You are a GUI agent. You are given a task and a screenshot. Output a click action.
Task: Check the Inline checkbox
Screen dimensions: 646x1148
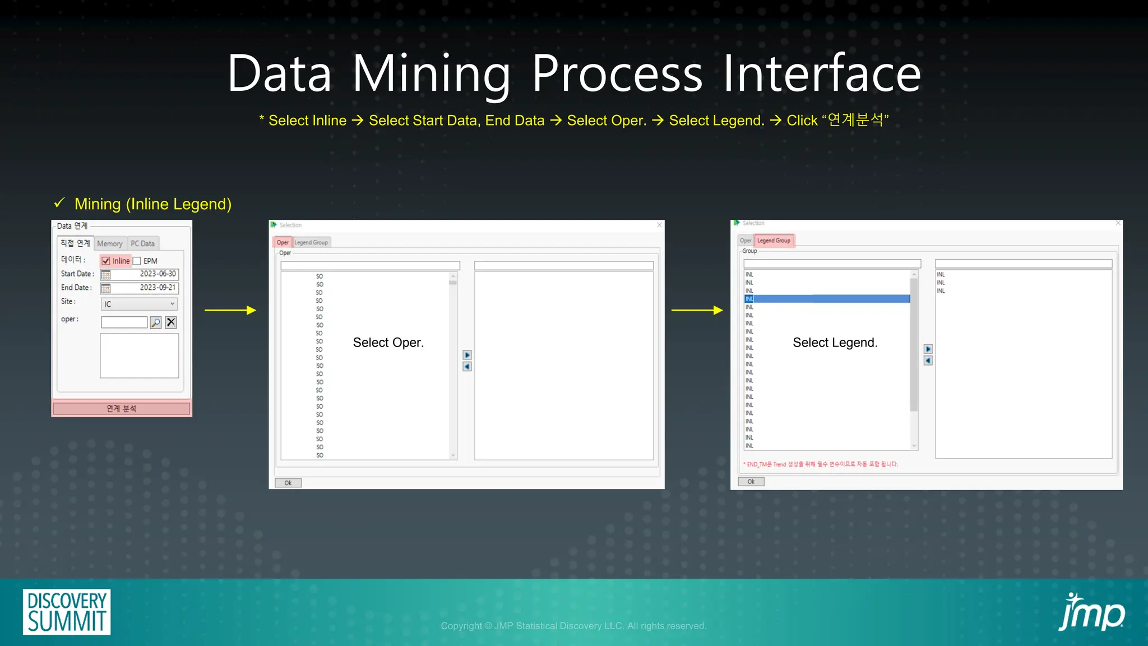(x=106, y=261)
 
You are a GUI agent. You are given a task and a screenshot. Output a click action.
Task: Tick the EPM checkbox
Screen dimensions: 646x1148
(x=137, y=261)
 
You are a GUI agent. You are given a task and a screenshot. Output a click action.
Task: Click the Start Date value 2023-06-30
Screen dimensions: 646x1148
(x=157, y=274)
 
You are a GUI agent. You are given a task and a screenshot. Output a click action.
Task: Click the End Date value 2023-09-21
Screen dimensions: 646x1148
(x=157, y=288)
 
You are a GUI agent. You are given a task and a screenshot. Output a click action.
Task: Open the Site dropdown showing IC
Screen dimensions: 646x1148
(x=139, y=304)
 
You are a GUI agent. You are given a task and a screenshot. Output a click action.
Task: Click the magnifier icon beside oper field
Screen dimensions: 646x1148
(x=156, y=322)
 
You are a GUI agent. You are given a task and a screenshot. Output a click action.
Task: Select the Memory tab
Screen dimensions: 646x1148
(x=109, y=243)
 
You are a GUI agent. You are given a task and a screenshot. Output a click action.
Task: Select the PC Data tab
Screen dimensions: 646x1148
(x=142, y=243)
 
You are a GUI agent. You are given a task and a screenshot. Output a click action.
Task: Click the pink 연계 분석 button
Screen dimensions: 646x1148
(x=122, y=408)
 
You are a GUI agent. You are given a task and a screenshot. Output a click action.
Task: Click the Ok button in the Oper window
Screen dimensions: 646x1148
(x=288, y=483)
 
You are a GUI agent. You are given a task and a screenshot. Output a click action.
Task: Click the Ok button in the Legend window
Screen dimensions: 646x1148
(x=751, y=482)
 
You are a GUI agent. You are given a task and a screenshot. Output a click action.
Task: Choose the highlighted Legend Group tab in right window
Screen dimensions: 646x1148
(x=774, y=241)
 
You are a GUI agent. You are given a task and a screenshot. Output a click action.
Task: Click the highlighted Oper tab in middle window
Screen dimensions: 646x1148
(x=283, y=242)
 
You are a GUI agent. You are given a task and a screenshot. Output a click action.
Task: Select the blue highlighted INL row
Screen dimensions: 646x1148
(x=827, y=299)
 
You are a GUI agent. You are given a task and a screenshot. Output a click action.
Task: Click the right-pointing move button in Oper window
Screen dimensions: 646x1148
(x=467, y=355)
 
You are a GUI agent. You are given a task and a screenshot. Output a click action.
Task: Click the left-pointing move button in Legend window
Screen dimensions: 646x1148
(x=928, y=361)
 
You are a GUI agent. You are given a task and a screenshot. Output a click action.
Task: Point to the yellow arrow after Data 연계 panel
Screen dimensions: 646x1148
(x=230, y=310)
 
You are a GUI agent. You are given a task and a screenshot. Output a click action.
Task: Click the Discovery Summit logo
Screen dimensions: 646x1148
(x=67, y=612)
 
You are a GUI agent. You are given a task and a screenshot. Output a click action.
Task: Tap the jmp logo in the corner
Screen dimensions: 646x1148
(x=1091, y=612)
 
